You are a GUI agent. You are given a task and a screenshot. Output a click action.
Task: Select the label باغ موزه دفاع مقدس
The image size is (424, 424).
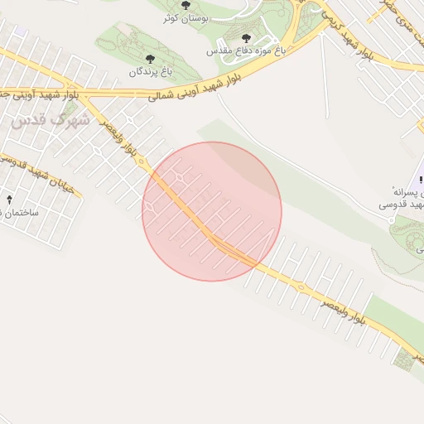[246, 51]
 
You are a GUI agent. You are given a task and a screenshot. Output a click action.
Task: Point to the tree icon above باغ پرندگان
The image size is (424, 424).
[149, 58]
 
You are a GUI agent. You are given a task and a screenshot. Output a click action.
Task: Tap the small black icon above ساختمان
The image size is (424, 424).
[9, 200]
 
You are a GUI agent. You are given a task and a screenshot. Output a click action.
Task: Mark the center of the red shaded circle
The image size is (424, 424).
[212, 211]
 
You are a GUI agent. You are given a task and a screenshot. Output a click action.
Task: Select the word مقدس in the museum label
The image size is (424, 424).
[224, 51]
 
